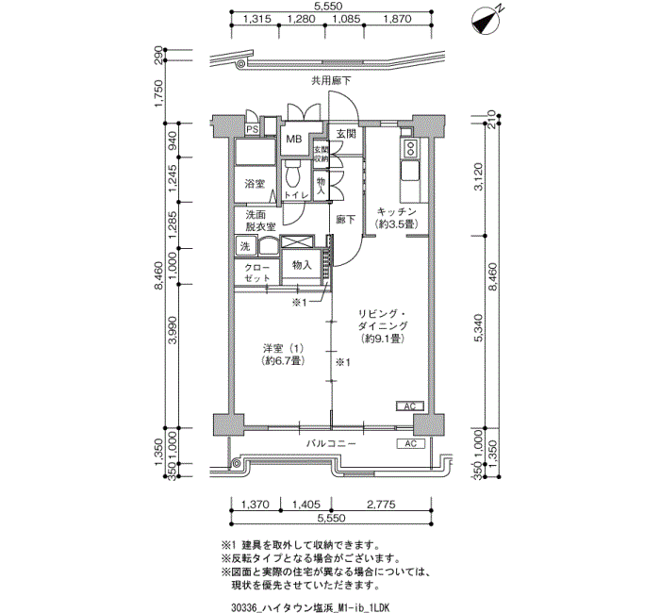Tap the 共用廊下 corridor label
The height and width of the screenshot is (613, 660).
tap(331, 82)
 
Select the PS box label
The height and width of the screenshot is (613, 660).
tap(252, 130)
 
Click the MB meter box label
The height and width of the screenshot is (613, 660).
tap(294, 141)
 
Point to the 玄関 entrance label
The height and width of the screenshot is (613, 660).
tap(345, 135)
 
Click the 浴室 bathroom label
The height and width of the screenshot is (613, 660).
tap(254, 183)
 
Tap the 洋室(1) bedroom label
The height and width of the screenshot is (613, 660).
tap(283, 354)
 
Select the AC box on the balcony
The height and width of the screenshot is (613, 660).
tap(410, 443)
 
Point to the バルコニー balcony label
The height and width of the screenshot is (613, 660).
tap(330, 443)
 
